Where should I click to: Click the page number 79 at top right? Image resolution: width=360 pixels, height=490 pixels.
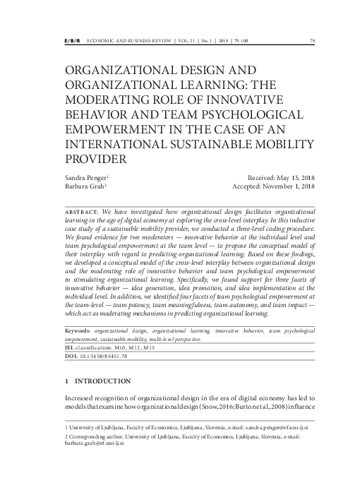pos(312,40)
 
